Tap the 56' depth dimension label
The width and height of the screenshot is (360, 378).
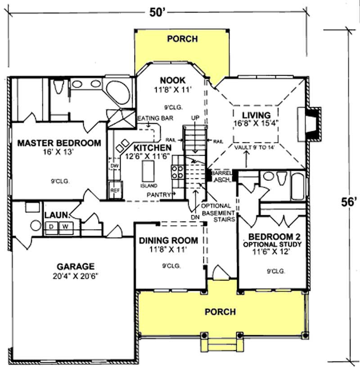(x=348, y=202)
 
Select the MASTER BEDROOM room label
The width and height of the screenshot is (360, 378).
(x=58, y=143)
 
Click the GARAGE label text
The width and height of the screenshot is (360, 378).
(x=75, y=265)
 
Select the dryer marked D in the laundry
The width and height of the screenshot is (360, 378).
(x=52, y=226)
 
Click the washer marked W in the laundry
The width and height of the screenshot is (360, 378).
(x=65, y=226)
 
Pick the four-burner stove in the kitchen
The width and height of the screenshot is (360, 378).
(x=176, y=172)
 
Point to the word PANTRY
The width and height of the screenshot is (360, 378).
(x=160, y=195)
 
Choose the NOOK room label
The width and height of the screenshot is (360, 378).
(x=172, y=80)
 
